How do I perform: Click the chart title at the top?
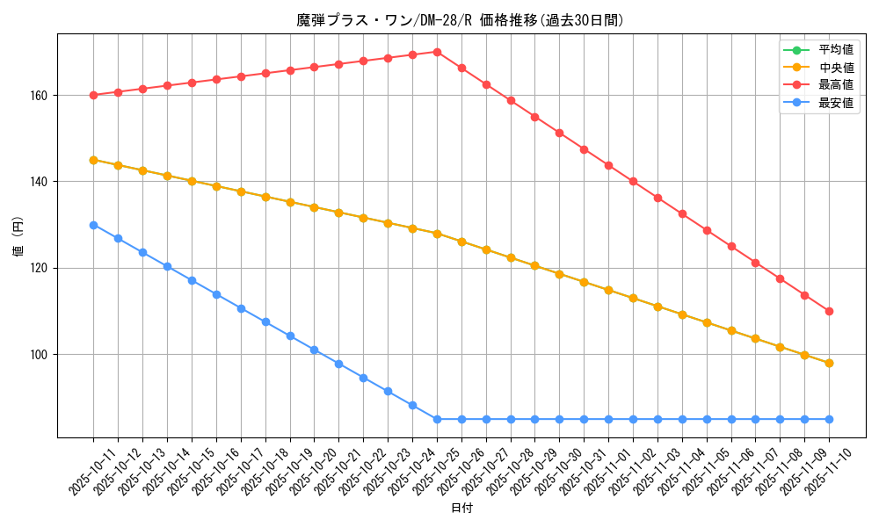[460, 20]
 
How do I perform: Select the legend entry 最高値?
[836, 84]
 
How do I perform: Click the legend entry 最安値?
[836, 102]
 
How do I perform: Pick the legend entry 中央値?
[836, 67]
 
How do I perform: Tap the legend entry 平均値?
[836, 49]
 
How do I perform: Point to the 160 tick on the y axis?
[42, 95]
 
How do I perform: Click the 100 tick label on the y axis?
[42, 355]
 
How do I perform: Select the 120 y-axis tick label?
[42, 268]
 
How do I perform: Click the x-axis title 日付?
[461, 509]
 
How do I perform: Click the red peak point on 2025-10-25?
[437, 52]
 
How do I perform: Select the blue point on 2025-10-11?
[93, 225]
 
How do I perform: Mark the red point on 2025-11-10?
[829, 311]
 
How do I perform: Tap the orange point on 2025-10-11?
[93, 160]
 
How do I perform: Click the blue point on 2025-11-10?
[829, 419]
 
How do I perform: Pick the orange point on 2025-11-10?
[829, 363]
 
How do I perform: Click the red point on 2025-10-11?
[93, 95]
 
